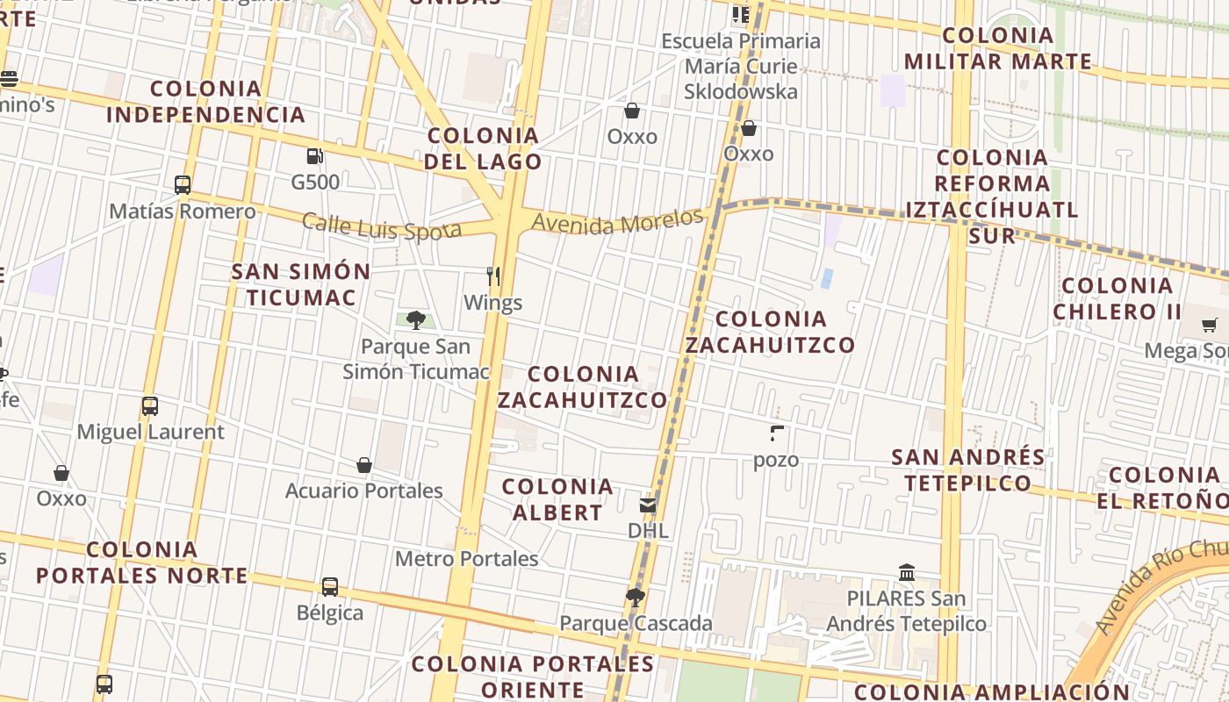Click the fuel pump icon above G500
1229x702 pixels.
point(314,156)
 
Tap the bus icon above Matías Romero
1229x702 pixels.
point(183,185)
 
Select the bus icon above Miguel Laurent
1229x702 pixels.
point(150,406)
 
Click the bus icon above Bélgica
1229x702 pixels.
point(330,586)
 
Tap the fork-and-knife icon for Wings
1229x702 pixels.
point(493,276)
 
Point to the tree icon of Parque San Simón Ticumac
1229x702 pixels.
point(416,320)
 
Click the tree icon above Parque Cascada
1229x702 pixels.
point(636,598)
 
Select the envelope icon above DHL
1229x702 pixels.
point(648,505)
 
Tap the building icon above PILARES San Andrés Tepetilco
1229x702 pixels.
point(907,573)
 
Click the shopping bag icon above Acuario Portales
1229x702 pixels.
point(364,464)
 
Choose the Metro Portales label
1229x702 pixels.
point(466,559)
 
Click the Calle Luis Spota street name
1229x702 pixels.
point(382,226)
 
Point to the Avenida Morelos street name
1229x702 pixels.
point(618,222)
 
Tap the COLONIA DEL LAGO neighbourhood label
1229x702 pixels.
point(483,148)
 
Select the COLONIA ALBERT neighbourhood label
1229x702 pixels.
point(557,499)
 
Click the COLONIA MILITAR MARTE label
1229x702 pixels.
point(998,48)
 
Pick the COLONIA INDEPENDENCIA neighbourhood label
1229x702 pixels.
point(205,102)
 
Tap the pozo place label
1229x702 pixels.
point(776,460)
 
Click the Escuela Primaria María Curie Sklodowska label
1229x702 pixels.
point(742,66)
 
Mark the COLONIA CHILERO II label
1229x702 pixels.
point(1118,298)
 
